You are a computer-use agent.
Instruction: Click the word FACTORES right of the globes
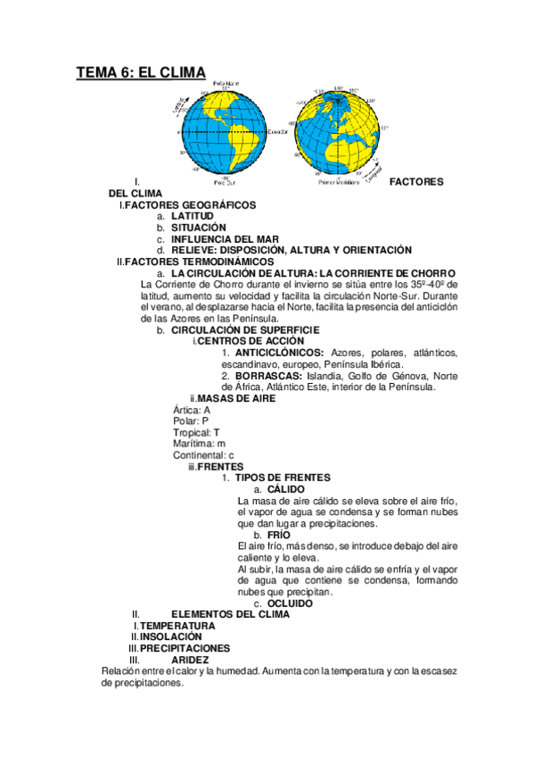pyautogui.click(x=416, y=181)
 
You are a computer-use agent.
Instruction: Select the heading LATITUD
pyautogui.click(x=193, y=216)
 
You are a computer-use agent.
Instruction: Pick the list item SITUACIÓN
pyautogui.click(x=199, y=228)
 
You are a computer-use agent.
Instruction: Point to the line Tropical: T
pyautogui.click(x=197, y=432)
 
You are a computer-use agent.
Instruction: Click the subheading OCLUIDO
pyautogui.click(x=290, y=603)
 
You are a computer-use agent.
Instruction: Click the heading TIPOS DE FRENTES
pyautogui.click(x=283, y=478)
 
